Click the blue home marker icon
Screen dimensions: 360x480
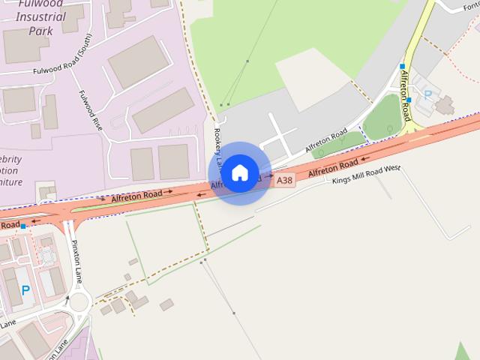240,172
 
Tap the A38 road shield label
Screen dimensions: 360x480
284,180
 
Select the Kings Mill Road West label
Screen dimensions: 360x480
367,170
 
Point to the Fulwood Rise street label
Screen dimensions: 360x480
91,110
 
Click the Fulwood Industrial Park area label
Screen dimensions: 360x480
35,19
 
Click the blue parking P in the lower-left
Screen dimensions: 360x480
25,289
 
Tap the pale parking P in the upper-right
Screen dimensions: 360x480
428,94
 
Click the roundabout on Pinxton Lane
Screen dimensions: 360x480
79,304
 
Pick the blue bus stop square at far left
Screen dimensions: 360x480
24,226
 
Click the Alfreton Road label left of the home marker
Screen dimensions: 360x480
136,196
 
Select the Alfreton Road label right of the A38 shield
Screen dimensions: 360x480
332,167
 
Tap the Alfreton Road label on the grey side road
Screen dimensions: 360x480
325,139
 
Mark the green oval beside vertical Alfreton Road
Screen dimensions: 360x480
382,117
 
